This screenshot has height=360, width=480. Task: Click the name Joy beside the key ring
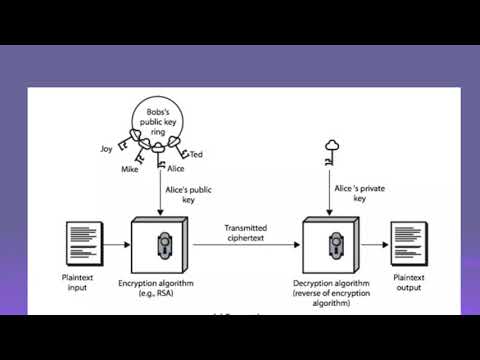[107, 148]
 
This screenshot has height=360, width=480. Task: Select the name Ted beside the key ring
[197, 155]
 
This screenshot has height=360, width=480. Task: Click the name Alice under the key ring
[176, 169]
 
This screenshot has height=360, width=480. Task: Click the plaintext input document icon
[81, 243]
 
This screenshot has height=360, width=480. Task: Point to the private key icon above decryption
[331, 152]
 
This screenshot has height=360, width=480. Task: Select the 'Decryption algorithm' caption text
[331, 284]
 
